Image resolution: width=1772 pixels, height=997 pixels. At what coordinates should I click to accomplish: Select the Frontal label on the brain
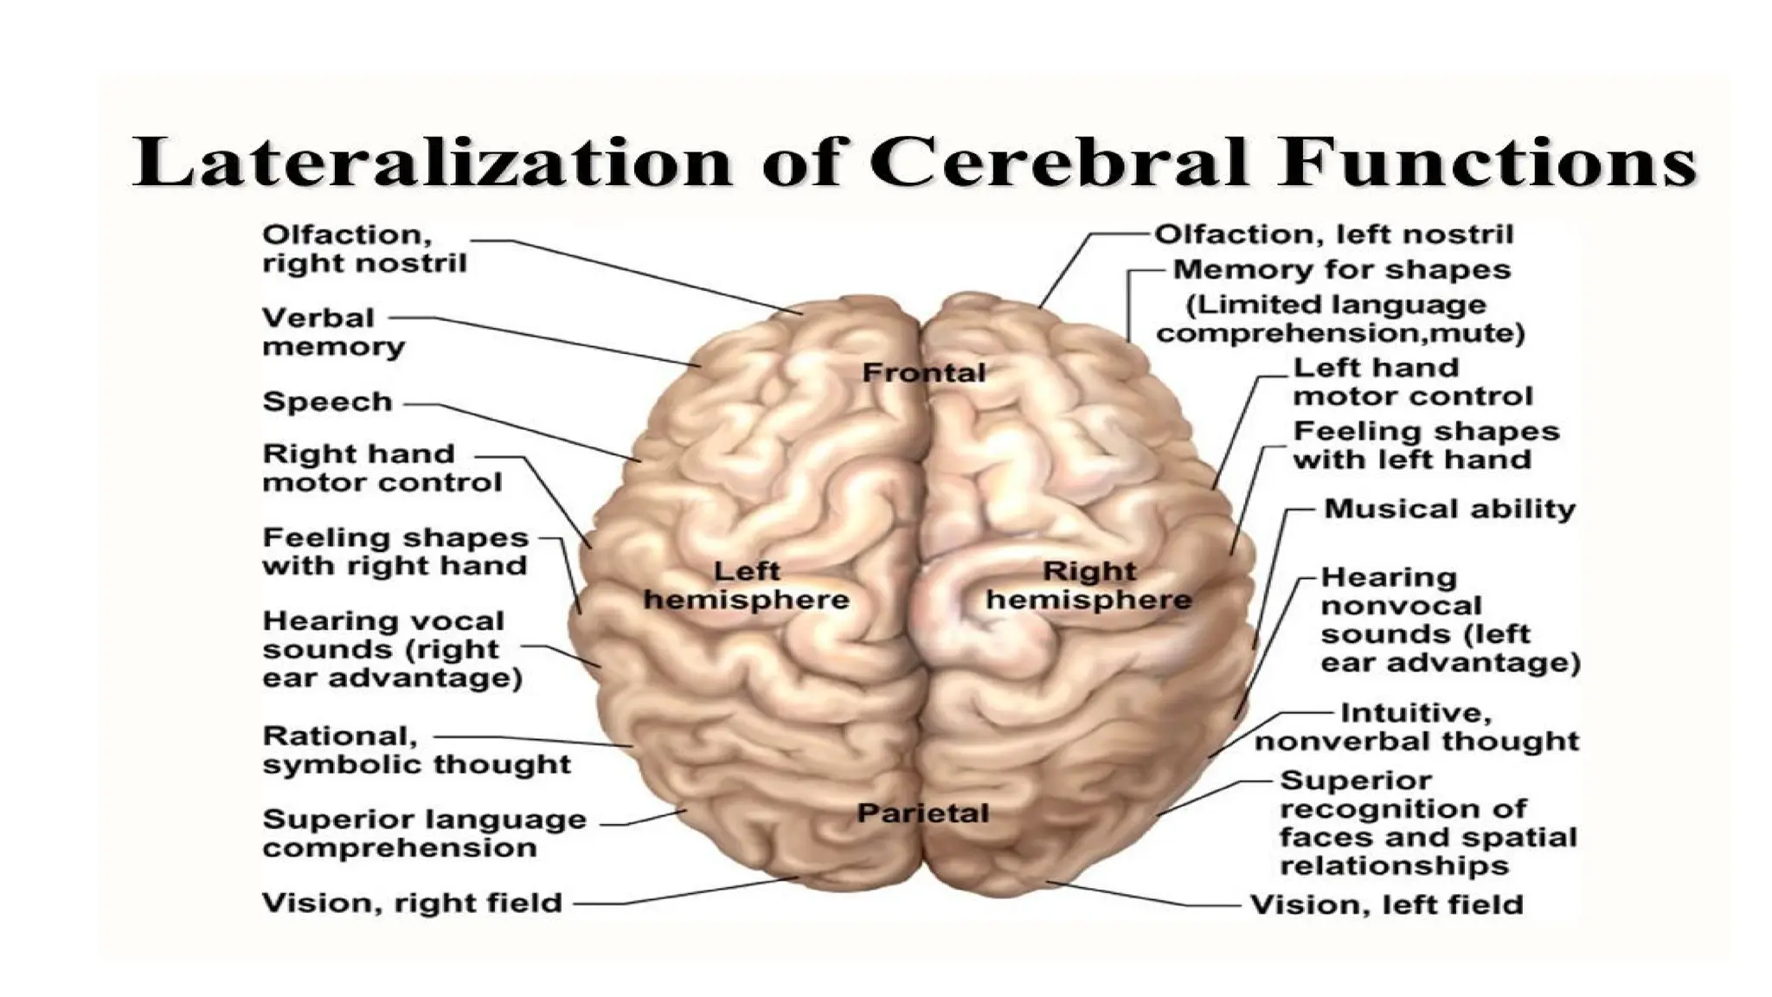(924, 373)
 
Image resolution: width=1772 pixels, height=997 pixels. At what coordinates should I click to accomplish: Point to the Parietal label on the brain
(922, 814)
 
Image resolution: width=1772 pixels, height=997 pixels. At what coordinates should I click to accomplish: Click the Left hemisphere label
(746, 586)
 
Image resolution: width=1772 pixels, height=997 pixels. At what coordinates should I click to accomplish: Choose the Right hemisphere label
(1089, 586)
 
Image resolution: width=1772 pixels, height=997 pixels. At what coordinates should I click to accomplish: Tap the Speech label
(327, 402)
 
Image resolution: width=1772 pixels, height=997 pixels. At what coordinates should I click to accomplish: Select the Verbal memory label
(333, 333)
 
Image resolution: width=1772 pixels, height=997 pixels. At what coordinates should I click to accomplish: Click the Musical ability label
(1449, 509)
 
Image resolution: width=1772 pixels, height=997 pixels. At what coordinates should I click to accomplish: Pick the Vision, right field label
(412, 904)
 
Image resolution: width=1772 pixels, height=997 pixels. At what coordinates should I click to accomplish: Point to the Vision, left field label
(1386, 905)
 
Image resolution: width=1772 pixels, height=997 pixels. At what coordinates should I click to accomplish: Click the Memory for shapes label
(1341, 270)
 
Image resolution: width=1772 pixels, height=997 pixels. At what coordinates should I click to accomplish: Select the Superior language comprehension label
(424, 833)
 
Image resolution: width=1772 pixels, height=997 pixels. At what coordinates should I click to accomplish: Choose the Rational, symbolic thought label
(416, 750)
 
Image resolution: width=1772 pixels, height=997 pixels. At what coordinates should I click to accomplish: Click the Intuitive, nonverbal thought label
(1416, 727)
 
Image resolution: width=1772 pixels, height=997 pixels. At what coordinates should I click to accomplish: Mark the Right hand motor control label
(382, 468)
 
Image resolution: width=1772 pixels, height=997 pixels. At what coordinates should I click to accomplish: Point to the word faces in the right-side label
(1324, 838)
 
